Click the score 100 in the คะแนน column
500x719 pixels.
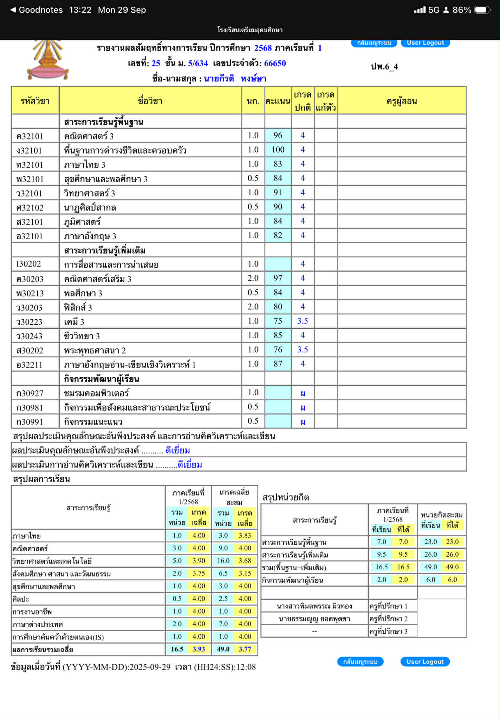coord(278,150)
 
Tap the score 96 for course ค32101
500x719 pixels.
coord(278,136)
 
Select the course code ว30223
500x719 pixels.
coord(30,322)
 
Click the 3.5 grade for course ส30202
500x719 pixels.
coord(303,350)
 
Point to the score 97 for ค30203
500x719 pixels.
coord(278,279)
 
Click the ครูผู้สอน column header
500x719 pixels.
coord(402,101)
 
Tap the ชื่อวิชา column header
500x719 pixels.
coord(150,101)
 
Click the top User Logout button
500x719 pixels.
coord(425,43)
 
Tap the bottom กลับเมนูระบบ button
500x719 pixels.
coord(360,662)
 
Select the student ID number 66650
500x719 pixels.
coord(275,64)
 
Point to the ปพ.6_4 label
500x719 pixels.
coord(384,67)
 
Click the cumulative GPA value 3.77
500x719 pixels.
coord(245,649)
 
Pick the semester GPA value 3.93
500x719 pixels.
coord(199,649)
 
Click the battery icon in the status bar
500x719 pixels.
coord(482,10)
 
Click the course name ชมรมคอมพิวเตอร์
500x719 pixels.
coord(96,393)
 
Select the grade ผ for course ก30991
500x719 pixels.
coord(303,422)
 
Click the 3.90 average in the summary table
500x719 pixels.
coord(199,561)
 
